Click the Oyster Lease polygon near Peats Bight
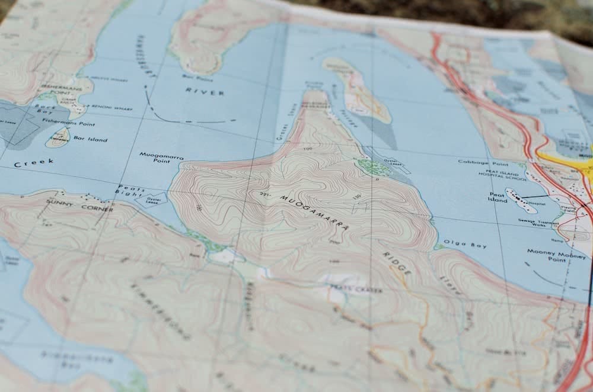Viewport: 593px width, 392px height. [151, 200]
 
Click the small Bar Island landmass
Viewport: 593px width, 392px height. [58, 137]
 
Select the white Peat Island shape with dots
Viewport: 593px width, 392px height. [521, 201]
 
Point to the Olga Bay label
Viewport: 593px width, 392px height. [457, 243]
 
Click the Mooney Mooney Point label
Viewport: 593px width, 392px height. [548, 255]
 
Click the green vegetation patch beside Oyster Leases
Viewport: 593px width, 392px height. [374, 168]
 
